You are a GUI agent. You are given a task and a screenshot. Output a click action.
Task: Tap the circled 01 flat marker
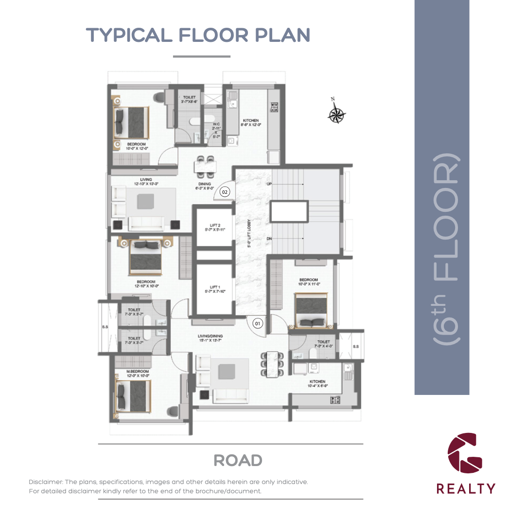[258, 322]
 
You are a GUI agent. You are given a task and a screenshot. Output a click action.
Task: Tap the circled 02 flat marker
[225, 192]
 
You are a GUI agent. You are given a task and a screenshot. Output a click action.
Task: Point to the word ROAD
[238, 460]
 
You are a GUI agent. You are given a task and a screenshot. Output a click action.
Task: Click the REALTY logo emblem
[465, 452]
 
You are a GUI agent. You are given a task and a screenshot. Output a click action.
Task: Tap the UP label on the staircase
[268, 185]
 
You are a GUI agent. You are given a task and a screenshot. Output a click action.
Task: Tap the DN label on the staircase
[268, 239]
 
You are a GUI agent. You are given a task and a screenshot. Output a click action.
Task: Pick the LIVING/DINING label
[210, 337]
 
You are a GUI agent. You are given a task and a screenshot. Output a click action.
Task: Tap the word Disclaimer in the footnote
[46, 482]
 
